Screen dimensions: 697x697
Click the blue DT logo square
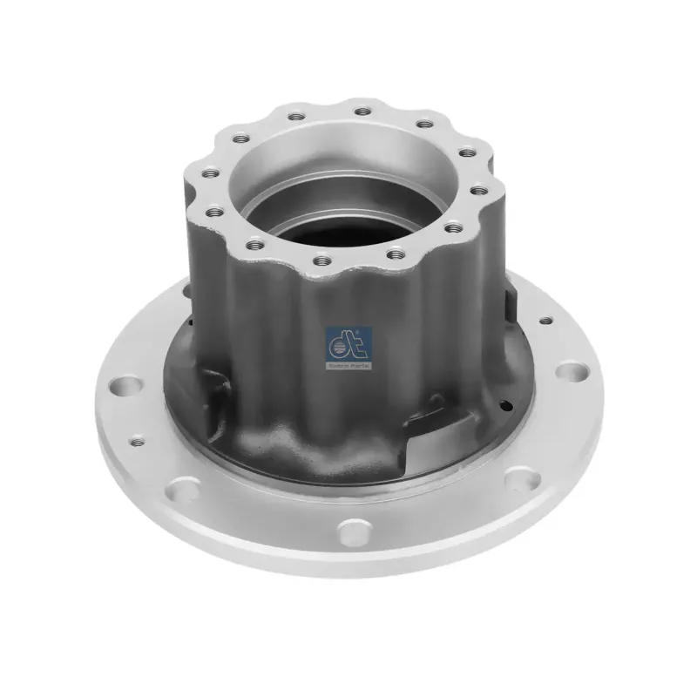348,342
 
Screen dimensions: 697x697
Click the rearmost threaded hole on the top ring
359,111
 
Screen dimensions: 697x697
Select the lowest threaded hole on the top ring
322,259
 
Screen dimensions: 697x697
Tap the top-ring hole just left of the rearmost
296,117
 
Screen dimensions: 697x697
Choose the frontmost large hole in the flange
352,529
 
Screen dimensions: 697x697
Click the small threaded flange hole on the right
545,321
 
